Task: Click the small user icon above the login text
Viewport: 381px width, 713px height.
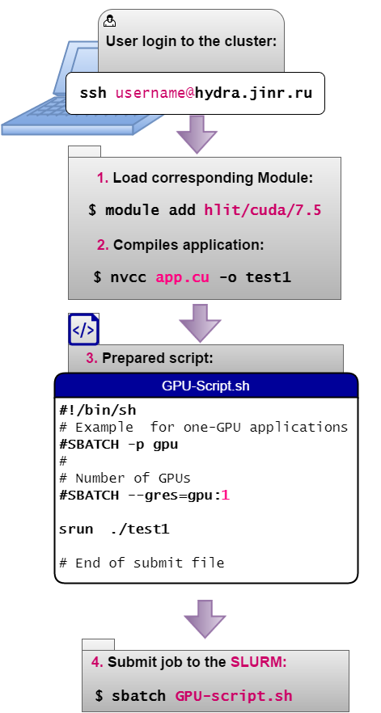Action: [x=110, y=21]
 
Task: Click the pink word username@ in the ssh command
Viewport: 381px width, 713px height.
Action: [x=155, y=93]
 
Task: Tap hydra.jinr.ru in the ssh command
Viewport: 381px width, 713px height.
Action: [x=254, y=93]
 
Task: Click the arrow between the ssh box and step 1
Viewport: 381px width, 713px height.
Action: [x=197, y=134]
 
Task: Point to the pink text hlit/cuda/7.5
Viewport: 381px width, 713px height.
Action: [x=263, y=210]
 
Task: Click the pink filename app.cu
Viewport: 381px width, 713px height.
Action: [x=183, y=277]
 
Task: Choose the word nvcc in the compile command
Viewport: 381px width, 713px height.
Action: [x=129, y=277]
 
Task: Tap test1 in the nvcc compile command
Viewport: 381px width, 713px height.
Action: [x=268, y=277]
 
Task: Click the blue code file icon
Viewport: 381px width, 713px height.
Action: [x=83, y=329]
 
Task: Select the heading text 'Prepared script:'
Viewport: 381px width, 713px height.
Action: [x=158, y=358]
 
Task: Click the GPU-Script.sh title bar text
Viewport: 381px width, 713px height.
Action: [x=205, y=386]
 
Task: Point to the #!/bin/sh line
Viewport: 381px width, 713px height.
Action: [x=98, y=410]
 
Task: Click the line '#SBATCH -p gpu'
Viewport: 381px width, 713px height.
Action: [x=119, y=445]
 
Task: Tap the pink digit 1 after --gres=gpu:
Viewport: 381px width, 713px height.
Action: [x=226, y=496]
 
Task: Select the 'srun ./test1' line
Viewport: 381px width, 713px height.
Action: [x=114, y=529]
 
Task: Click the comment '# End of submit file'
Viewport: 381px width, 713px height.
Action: [x=142, y=563]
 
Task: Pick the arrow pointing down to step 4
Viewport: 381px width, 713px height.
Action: [x=205, y=619]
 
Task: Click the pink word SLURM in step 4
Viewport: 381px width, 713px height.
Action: [x=259, y=662]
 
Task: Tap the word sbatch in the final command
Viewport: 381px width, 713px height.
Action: [x=139, y=696]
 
